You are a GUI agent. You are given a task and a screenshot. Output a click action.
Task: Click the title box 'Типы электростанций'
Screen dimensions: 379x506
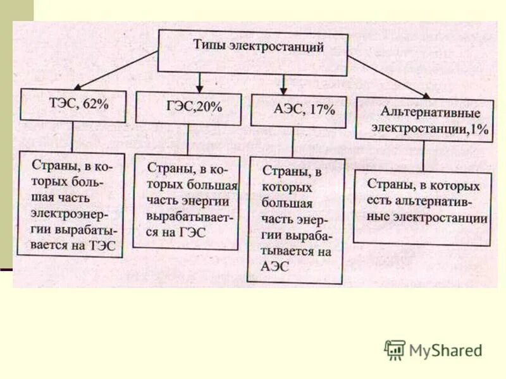[252, 51]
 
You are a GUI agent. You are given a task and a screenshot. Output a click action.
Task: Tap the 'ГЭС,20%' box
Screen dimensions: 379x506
[188, 107]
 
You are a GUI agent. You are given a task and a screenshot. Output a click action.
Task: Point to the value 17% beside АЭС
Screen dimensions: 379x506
[323, 110]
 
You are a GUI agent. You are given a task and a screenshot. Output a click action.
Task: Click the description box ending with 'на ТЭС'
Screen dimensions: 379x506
[71, 203]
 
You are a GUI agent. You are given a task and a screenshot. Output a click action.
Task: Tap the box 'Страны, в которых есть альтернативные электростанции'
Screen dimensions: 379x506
[422, 206]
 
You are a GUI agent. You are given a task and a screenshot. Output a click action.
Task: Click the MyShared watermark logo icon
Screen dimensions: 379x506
[395, 349]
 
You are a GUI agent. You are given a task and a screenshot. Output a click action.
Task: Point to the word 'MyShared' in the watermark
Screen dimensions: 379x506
[445, 350]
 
